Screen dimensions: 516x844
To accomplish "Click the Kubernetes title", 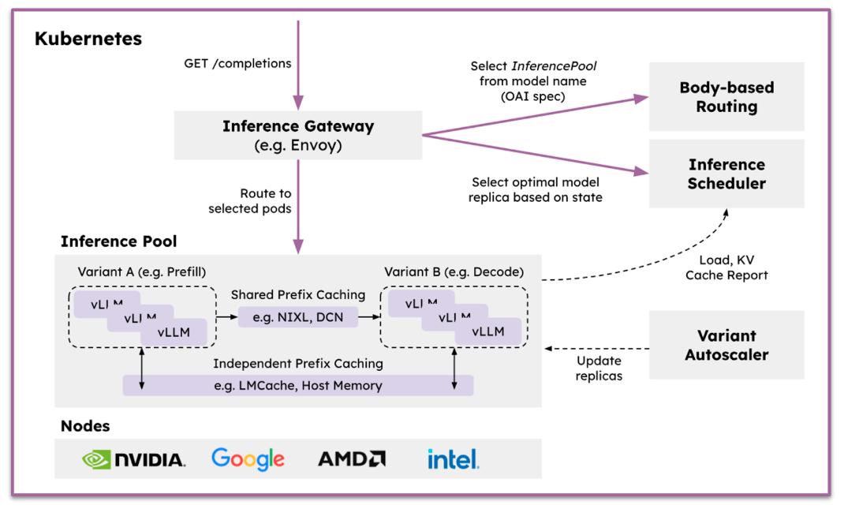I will (x=88, y=39).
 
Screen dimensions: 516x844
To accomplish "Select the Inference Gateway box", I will (x=298, y=136).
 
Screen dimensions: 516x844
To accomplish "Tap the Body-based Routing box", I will (x=726, y=97).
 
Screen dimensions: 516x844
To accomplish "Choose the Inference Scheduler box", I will (x=726, y=174).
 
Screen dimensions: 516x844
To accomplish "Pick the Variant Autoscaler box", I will (x=726, y=345).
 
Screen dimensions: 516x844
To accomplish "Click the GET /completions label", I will (x=237, y=63).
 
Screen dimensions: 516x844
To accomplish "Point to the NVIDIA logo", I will (x=134, y=459).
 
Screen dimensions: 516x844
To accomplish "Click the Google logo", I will (x=248, y=458).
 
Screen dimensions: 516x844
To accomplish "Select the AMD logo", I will (x=352, y=459).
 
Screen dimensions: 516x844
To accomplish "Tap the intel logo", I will (x=453, y=458).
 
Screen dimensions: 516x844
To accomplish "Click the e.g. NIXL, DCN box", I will (x=298, y=317).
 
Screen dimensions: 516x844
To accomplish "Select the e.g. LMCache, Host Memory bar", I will (x=298, y=386).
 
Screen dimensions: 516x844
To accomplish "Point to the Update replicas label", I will (x=599, y=368).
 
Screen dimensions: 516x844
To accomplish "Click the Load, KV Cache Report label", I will (x=726, y=267).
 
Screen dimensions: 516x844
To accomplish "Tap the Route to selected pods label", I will (x=249, y=201).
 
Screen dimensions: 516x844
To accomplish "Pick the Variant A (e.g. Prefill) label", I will (x=141, y=272).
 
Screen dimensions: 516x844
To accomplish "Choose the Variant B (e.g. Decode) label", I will (x=454, y=272).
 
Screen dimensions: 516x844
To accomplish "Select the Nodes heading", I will (x=85, y=426).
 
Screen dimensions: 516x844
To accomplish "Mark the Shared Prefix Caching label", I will (x=298, y=295).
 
